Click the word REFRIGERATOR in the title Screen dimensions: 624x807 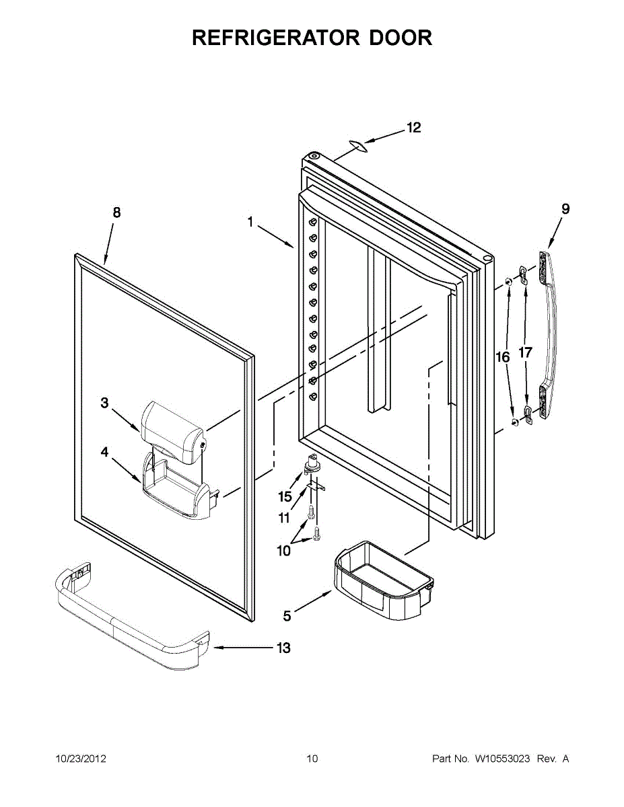(276, 38)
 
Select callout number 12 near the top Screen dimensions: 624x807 (414, 127)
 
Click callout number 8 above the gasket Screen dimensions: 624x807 (116, 213)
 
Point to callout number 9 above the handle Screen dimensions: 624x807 (565, 209)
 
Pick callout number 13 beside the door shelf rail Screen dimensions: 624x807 (283, 648)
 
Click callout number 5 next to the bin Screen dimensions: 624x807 (287, 616)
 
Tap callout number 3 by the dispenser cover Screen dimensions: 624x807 (105, 403)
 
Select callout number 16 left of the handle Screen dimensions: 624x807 (503, 357)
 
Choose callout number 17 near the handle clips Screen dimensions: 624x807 (526, 352)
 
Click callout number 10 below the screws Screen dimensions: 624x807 (283, 550)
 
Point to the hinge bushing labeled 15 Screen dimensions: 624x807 (312, 464)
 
